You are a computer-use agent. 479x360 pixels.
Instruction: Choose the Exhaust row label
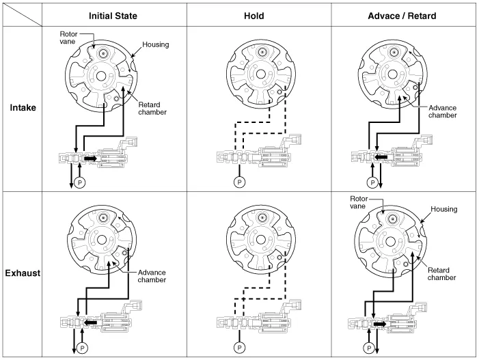(23, 273)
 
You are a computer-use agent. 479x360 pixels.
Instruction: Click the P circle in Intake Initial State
(79, 182)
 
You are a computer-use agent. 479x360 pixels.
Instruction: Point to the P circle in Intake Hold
(239, 182)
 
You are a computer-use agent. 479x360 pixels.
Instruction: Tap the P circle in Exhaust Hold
(239, 347)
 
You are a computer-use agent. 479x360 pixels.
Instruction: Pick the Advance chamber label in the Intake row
(443, 111)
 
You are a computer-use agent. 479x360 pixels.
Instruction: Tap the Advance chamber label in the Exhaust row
(152, 275)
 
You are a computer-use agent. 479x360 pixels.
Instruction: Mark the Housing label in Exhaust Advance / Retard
(444, 209)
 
